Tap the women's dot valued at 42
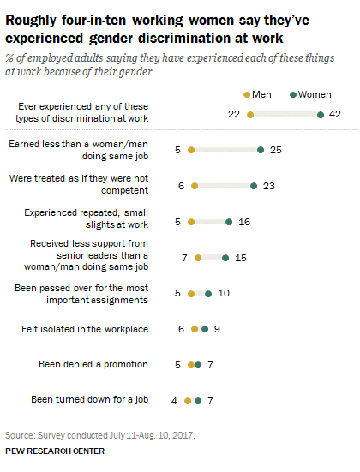pos(321,114)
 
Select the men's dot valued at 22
pos(250,114)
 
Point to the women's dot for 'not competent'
pos(254,185)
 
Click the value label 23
pos(268,185)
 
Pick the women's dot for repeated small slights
pos(229,221)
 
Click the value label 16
pos(243,221)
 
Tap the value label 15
pos(240,256)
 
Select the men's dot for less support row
pos(198,256)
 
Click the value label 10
pos(223,293)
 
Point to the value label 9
pos(218,328)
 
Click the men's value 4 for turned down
pos(174,400)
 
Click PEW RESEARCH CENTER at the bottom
pos(56,451)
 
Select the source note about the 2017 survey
pos(100,434)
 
